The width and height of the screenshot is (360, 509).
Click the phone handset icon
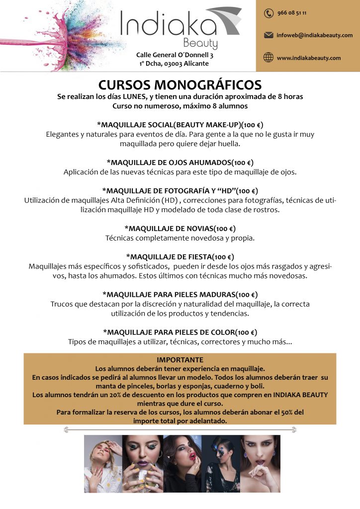coord(269,13)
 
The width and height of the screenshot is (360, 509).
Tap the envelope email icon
coord(269,35)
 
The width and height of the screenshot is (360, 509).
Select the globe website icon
coord(269,58)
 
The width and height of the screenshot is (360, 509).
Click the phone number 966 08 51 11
coord(291,13)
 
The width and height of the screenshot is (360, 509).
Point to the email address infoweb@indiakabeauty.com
coord(315,35)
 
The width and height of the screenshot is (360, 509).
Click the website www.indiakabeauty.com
coord(309,58)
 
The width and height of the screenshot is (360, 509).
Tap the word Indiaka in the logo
coord(168,24)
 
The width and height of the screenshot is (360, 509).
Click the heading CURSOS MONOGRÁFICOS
coord(180,85)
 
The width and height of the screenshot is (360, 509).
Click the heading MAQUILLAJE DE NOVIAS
coord(180,229)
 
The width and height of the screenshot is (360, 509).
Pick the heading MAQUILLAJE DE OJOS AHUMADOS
coord(180,163)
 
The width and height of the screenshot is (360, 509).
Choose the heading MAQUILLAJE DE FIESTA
coord(180,257)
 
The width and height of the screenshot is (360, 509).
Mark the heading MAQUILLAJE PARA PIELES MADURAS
coord(180,295)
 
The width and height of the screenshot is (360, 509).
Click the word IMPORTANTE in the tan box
coord(180,360)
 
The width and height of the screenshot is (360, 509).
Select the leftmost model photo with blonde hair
coord(103,464)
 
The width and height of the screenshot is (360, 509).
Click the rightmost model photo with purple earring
coord(260,464)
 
